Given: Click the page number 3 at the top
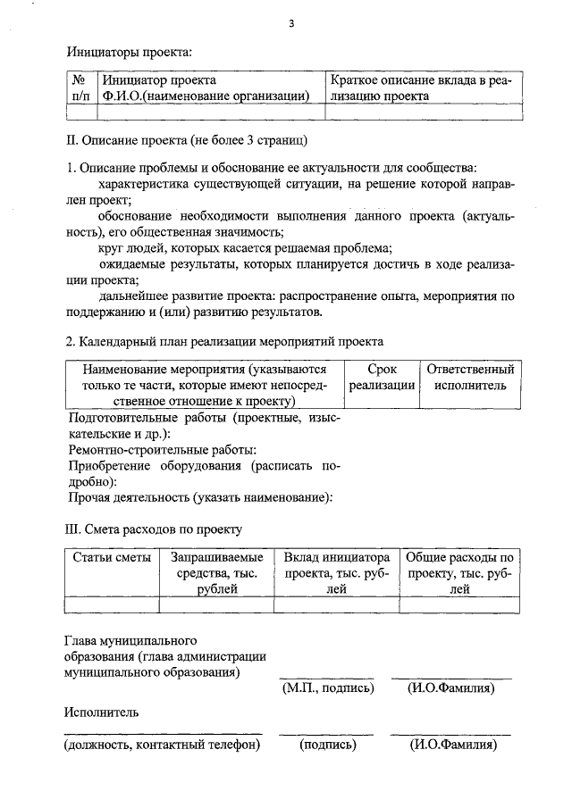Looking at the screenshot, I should [291, 24].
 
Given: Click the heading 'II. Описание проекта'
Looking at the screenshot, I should [189, 140].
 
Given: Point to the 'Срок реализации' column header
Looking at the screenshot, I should [382, 377].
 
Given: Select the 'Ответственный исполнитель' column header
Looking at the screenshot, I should [471, 377].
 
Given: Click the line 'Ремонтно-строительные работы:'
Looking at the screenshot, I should [163, 450].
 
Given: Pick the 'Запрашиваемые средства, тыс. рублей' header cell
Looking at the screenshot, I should [215, 572].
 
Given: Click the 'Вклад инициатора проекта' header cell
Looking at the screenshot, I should [336, 572].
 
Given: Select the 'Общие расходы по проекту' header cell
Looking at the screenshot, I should [459, 572].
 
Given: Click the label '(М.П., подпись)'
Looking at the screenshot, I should [326, 688].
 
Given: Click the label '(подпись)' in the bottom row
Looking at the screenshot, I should [327, 745].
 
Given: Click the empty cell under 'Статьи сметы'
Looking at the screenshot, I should [112, 605].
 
